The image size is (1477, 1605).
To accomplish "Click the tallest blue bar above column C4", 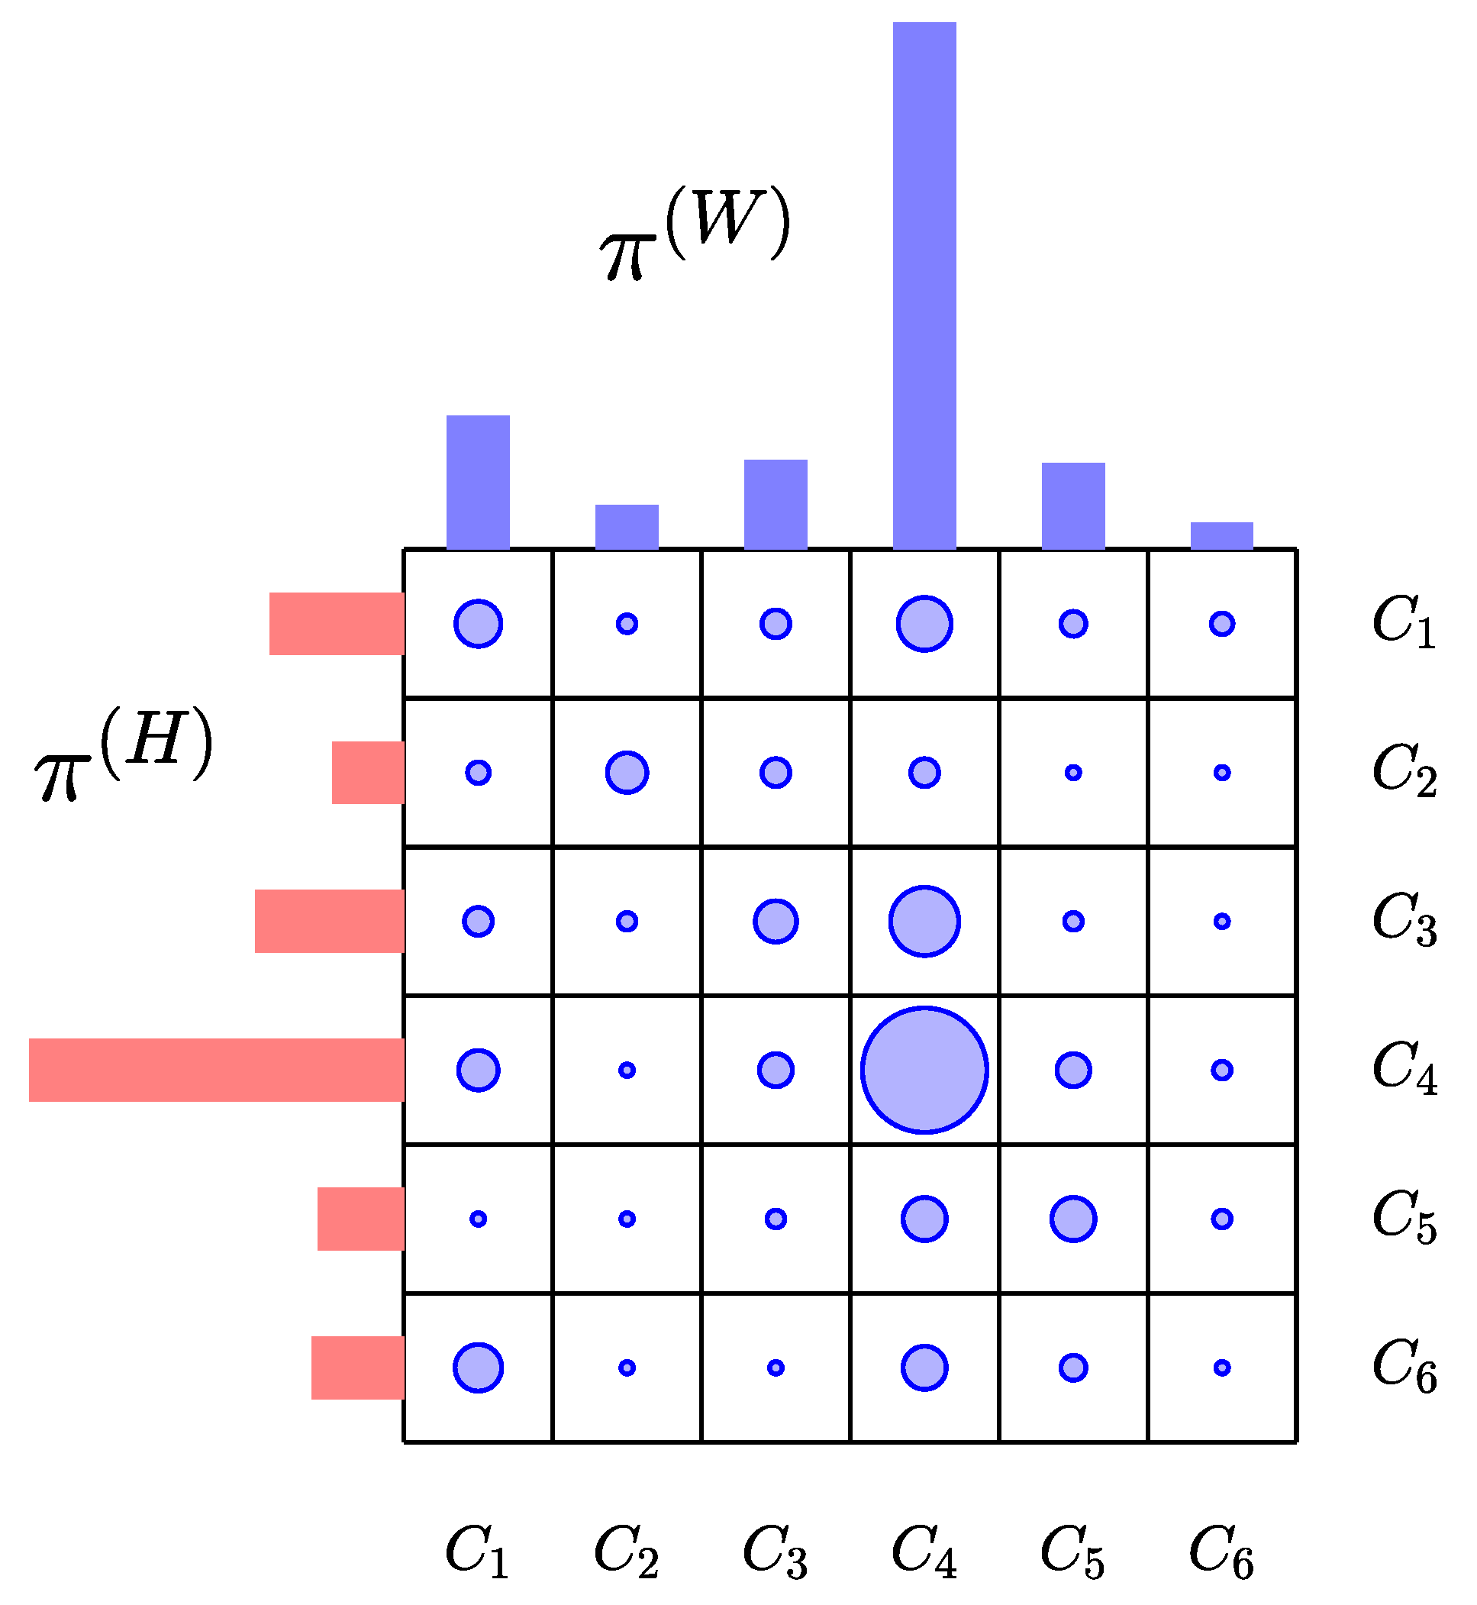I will [x=924, y=286].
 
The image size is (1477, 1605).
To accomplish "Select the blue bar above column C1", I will [x=478, y=482].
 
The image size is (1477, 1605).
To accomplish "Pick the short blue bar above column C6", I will [x=1221, y=535].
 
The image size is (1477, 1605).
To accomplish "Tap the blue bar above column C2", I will [x=627, y=527].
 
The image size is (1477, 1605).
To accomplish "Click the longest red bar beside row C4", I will [x=217, y=1070].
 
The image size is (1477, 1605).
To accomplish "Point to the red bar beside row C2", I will [x=368, y=772].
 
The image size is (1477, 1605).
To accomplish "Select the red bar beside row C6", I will [x=357, y=1368].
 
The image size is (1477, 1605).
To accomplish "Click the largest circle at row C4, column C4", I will [x=924, y=1070].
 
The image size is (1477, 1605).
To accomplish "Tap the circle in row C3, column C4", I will [x=924, y=921].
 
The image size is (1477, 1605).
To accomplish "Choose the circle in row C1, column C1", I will [x=478, y=624].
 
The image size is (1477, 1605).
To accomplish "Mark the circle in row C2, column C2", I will [x=627, y=772].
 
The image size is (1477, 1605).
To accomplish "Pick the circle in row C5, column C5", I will [x=1072, y=1219].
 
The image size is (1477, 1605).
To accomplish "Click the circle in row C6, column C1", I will [x=478, y=1368].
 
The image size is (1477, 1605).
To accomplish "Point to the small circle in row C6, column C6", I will [x=1221, y=1368].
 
